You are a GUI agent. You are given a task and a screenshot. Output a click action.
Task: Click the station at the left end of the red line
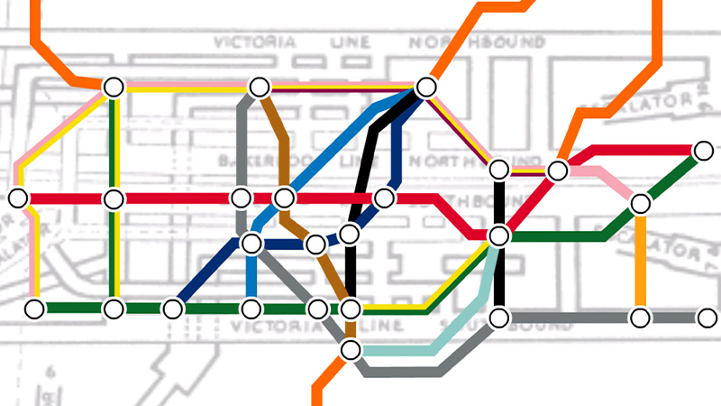[x=18, y=198]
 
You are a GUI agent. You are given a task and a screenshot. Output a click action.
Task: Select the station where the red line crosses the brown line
[x=285, y=198]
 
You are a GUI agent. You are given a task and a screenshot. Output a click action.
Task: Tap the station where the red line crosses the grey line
[x=241, y=198]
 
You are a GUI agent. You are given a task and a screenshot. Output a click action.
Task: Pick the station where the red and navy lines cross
[x=385, y=198]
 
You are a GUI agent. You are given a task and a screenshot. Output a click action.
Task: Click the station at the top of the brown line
[x=260, y=88]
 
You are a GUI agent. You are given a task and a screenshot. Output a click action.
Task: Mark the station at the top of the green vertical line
[x=113, y=88]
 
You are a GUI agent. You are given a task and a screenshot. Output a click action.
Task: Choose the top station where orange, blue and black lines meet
[x=426, y=88]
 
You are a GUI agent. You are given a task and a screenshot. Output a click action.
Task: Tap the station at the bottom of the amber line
[x=640, y=318]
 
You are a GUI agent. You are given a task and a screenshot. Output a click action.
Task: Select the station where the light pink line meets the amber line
[x=640, y=203]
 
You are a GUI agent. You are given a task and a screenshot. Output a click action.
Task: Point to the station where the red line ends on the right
[x=704, y=150]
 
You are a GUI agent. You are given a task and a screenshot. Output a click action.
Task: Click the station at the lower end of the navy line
[x=172, y=309]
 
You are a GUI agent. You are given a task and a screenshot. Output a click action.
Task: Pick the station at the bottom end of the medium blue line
[x=251, y=309]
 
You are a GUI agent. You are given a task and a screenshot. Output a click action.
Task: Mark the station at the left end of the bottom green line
[x=34, y=309]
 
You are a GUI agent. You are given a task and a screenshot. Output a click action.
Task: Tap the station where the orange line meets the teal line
[x=351, y=349]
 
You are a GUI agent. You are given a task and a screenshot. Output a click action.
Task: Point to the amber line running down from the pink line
[x=640, y=262]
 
